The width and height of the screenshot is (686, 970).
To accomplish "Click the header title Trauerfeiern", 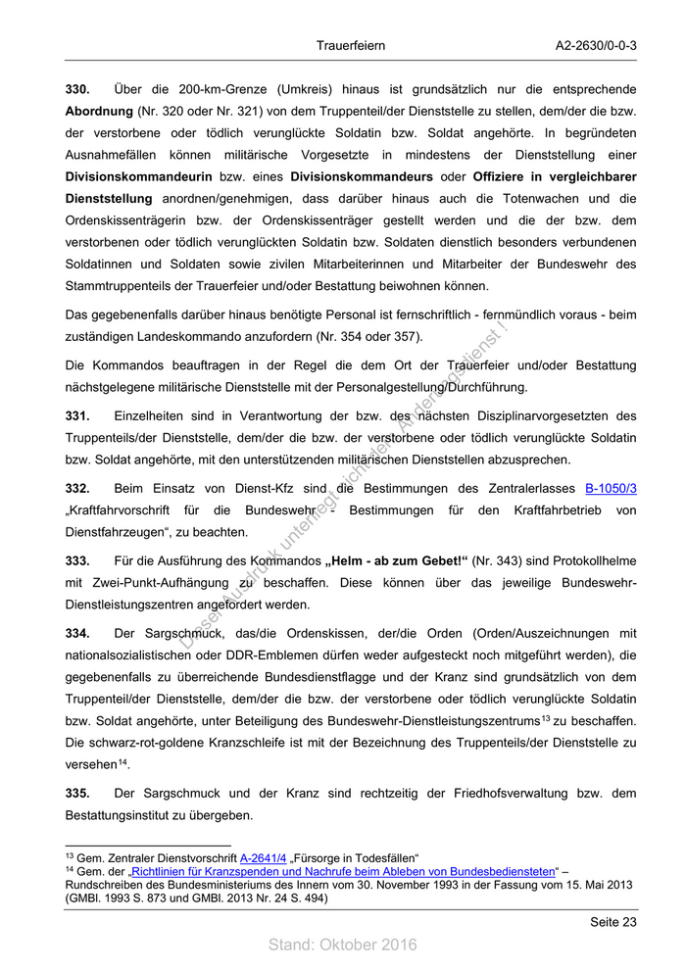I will [x=351, y=45].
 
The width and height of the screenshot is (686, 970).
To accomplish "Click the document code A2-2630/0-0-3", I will [x=596, y=45].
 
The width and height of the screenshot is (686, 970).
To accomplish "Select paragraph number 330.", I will [x=77, y=90].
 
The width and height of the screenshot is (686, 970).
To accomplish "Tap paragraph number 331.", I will [x=77, y=416].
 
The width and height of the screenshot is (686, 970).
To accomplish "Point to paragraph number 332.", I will [x=77, y=488].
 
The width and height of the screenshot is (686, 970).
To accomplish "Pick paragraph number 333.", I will [x=77, y=560].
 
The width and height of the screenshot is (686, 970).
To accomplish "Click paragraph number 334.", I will [x=77, y=633].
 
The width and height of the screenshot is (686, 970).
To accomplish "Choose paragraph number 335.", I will [x=77, y=793].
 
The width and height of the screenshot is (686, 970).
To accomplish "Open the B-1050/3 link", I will [x=611, y=488].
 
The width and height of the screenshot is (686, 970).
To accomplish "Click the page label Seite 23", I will [x=612, y=922].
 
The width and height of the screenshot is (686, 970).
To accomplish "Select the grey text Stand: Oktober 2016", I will [x=343, y=945].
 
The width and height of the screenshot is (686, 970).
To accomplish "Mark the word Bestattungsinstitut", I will [x=126, y=815].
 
